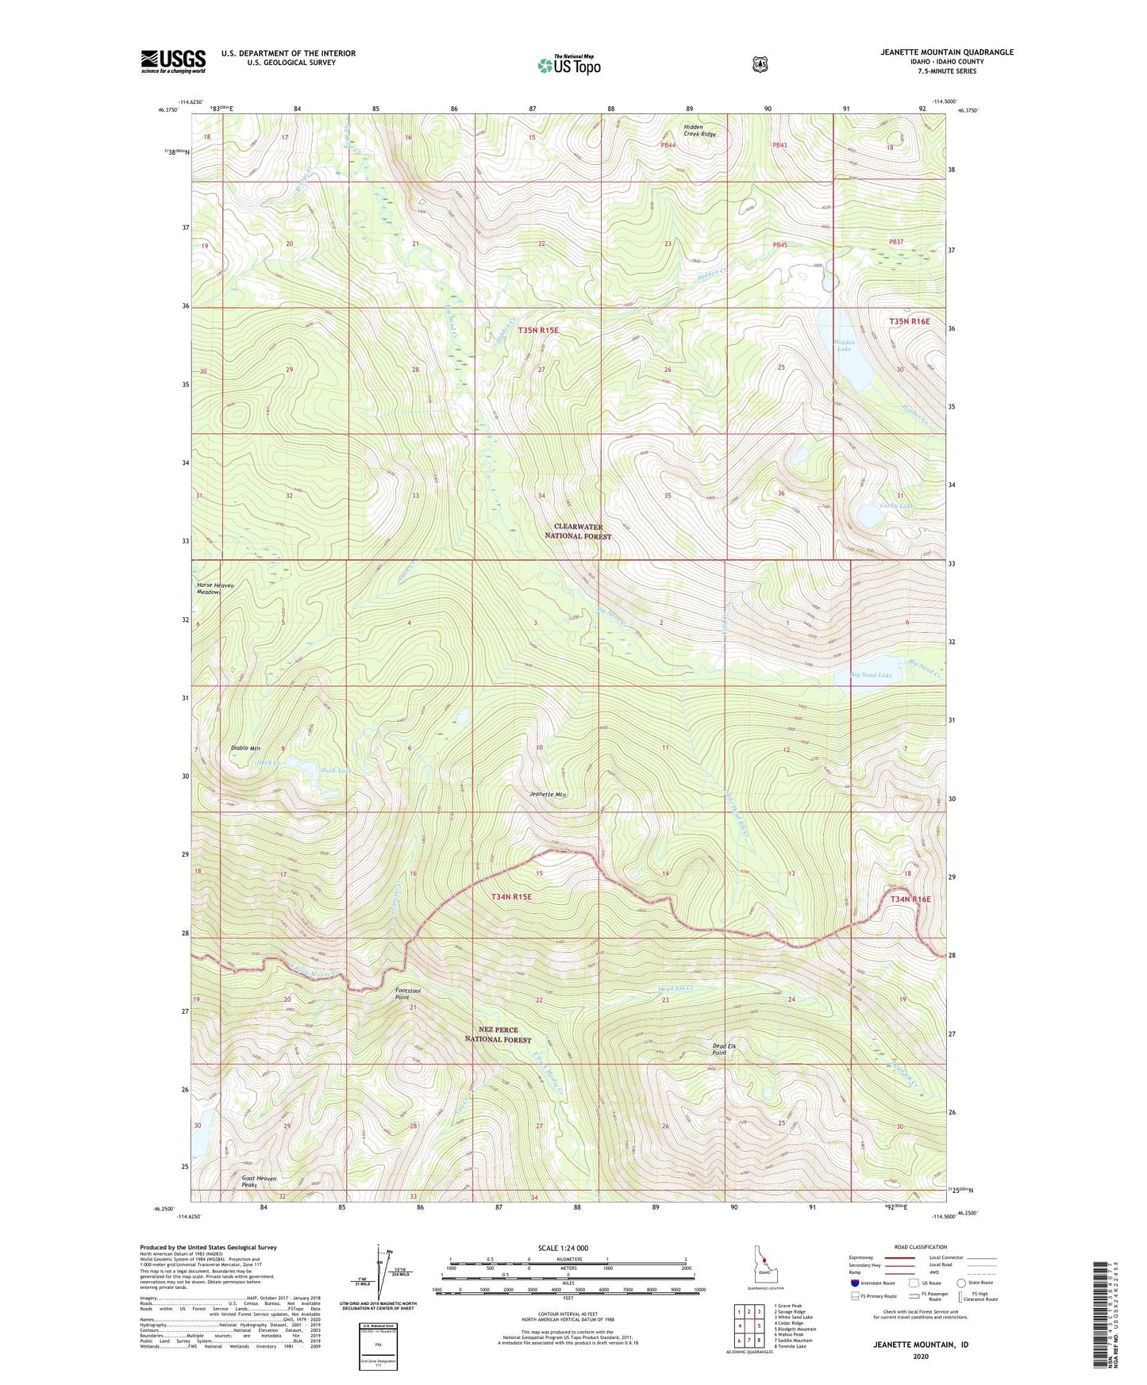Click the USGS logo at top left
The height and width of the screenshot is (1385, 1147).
pos(173,61)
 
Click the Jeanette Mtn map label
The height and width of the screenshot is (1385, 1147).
pos(548,794)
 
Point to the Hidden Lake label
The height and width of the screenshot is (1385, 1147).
pos(843,346)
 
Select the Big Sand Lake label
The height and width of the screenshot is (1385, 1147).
pos(871,675)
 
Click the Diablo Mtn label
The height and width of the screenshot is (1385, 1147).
pos(245,748)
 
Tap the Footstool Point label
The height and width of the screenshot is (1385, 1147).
pos(408,995)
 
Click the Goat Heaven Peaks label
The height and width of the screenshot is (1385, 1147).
pos(260,1182)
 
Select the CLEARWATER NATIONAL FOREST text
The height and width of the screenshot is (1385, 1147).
pos(578,531)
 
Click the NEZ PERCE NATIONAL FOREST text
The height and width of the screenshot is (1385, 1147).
pos(498,1034)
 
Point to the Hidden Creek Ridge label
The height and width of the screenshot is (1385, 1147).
pos(699,130)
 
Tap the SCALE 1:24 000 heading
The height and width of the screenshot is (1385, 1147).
pos(563,1248)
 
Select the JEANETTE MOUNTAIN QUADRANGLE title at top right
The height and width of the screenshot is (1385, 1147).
pos(946,52)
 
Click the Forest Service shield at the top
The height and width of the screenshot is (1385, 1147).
pos(760,64)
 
